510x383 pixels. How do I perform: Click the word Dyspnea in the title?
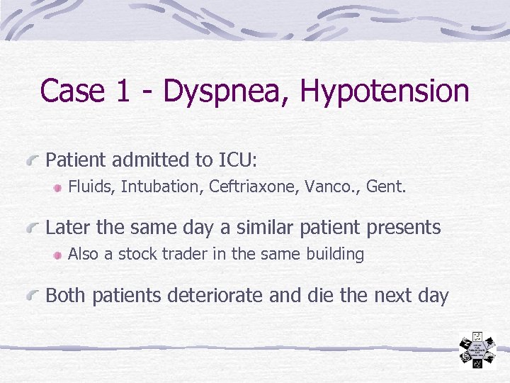click(225, 91)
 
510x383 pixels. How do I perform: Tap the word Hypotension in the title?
click(385, 91)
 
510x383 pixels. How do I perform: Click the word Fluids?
click(91, 187)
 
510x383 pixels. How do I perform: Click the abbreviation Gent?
click(385, 187)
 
